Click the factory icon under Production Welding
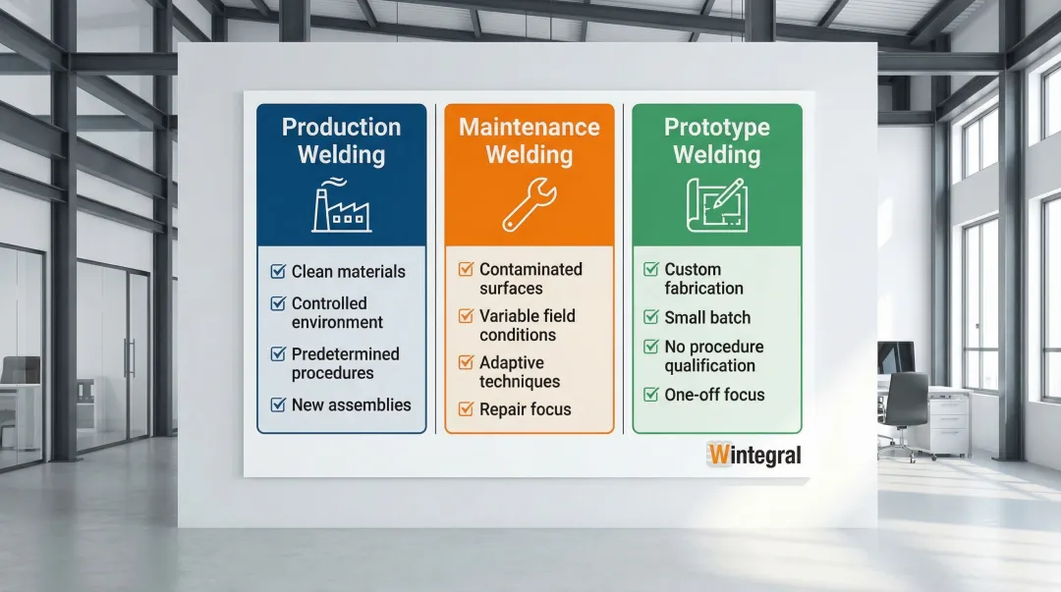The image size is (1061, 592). click(342, 205)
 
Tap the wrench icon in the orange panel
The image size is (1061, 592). click(530, 205)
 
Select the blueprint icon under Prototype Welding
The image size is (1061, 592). click(717, 205)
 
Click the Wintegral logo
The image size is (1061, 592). click(754, 455)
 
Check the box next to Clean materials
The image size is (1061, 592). click(278, 271)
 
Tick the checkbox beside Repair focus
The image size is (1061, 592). click(466, 408)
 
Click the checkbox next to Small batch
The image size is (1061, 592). click(651, 317)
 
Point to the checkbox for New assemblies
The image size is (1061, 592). click(278, 404)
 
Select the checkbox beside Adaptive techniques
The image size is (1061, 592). click(466, 362)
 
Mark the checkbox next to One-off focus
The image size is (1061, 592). click(651, 394)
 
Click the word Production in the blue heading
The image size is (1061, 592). click(342, 128)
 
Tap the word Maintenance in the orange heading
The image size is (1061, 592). click(530, 128)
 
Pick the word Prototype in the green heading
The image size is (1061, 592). click(717, 128)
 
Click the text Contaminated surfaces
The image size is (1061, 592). click(531, 279)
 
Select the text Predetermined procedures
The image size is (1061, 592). click(346, 363)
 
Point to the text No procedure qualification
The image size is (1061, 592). click(714, 355)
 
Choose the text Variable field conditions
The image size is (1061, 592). click(528, 325)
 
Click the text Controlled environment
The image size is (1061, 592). click(338, 312)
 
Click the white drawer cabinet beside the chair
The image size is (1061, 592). click(948, 424)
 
